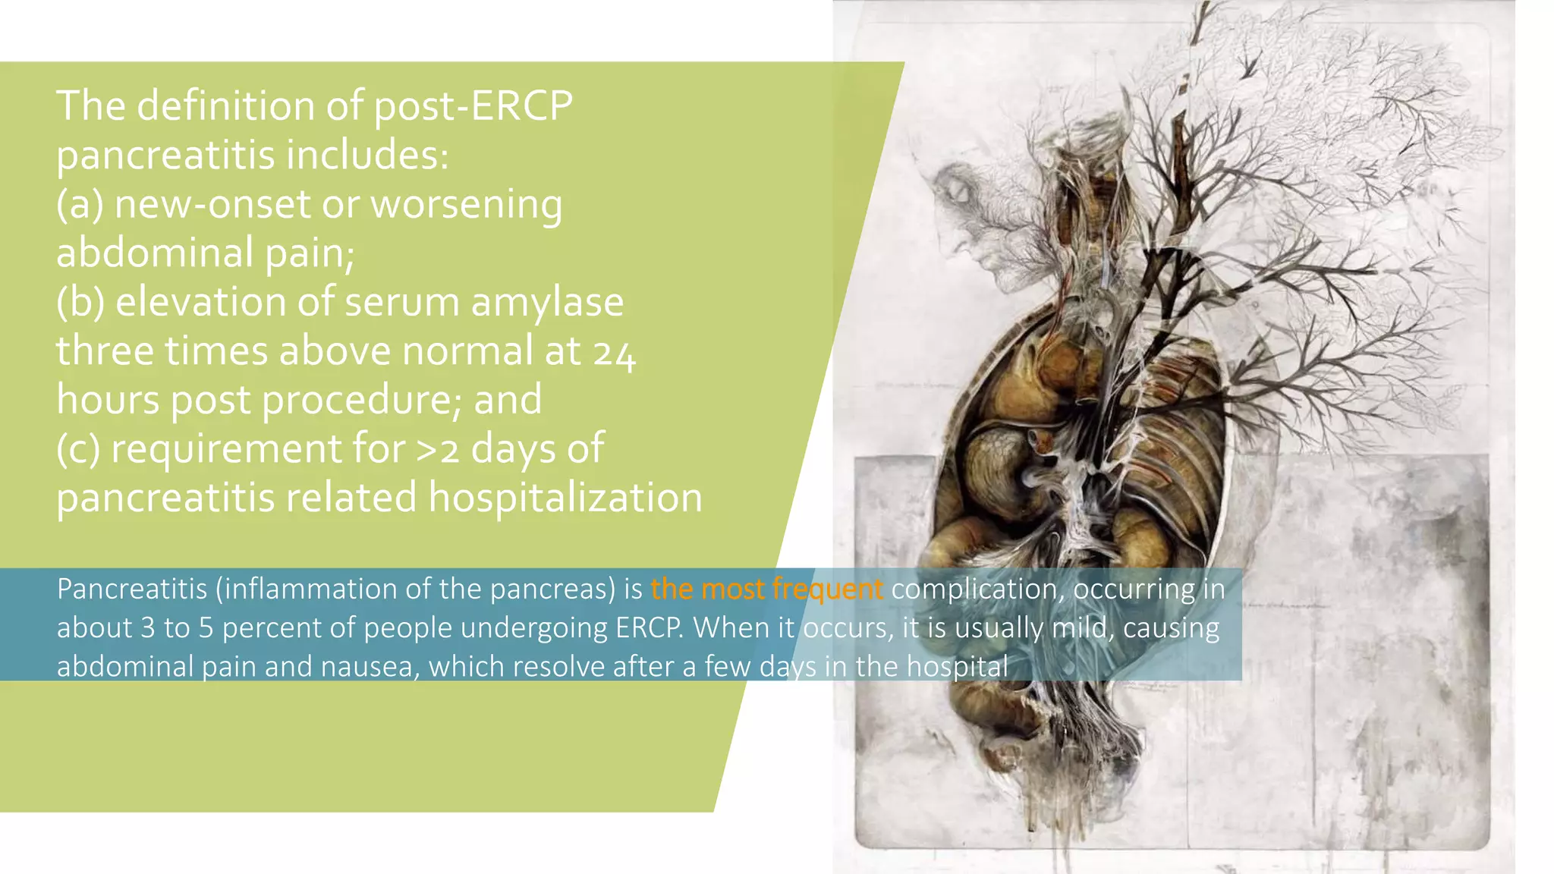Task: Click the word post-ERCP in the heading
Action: click(x=473, y=106)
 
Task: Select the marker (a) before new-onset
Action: click(x=80, y=205)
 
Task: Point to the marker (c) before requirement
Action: click(x=78, y=449)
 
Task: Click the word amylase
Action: click(x=547, y=303)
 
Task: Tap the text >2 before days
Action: click(x=438, y=449)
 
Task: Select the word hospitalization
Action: click(x=565, y=498)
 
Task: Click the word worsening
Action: click(x=466, y=205)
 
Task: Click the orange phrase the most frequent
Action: click(x=766, y=589)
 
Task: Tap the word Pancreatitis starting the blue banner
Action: click(x=132, y=589)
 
